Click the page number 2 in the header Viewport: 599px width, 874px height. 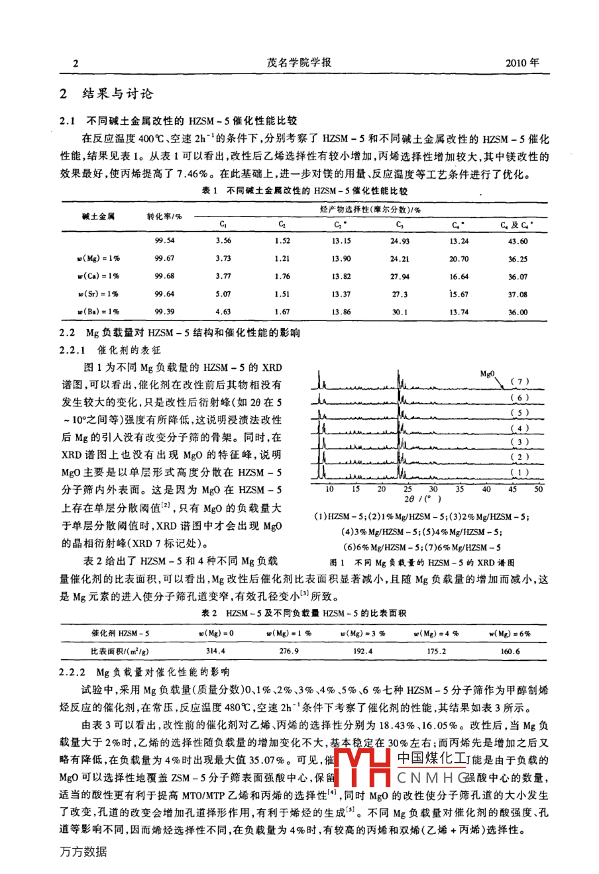pyautogui.click(x=76, y=64)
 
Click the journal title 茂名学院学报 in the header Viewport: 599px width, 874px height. pyautogui.click(x=299, y=63)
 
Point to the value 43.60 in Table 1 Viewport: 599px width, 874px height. pyautogui.click(x=519, y=241)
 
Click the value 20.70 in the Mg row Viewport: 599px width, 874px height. pyautogui.click(x=459, y=259)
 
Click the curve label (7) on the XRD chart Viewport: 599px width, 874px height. pyautogui.click(x=521, y=382)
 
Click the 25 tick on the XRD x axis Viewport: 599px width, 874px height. pyautogui.click(x=408, y=489)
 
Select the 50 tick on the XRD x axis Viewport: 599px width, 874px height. pyautogui.click(x=538, y=489)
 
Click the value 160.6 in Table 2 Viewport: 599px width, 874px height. pyautogui.click(x=510, y=651)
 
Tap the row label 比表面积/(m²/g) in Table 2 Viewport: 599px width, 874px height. pyautogui.click(x=120, y=651)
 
